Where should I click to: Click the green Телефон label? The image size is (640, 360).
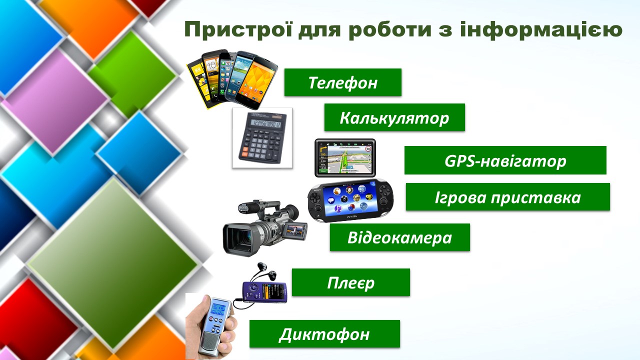point(343,82)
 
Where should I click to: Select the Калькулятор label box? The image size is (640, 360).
point(394,117)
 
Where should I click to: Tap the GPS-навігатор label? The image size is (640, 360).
point(505,160)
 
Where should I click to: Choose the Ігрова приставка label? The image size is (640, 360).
point(508,197)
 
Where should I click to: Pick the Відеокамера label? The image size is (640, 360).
point(400,237)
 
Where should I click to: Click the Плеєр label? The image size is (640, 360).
point(351,282)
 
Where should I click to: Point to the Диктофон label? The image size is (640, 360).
point(324,333)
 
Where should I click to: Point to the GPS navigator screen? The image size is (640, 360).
point(345,158)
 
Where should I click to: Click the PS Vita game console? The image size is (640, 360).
point(350,200)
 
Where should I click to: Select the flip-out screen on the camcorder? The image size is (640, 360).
point(295,231)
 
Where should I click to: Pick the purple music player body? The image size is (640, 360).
point(265,291)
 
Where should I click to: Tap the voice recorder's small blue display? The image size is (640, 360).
point(218,308)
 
